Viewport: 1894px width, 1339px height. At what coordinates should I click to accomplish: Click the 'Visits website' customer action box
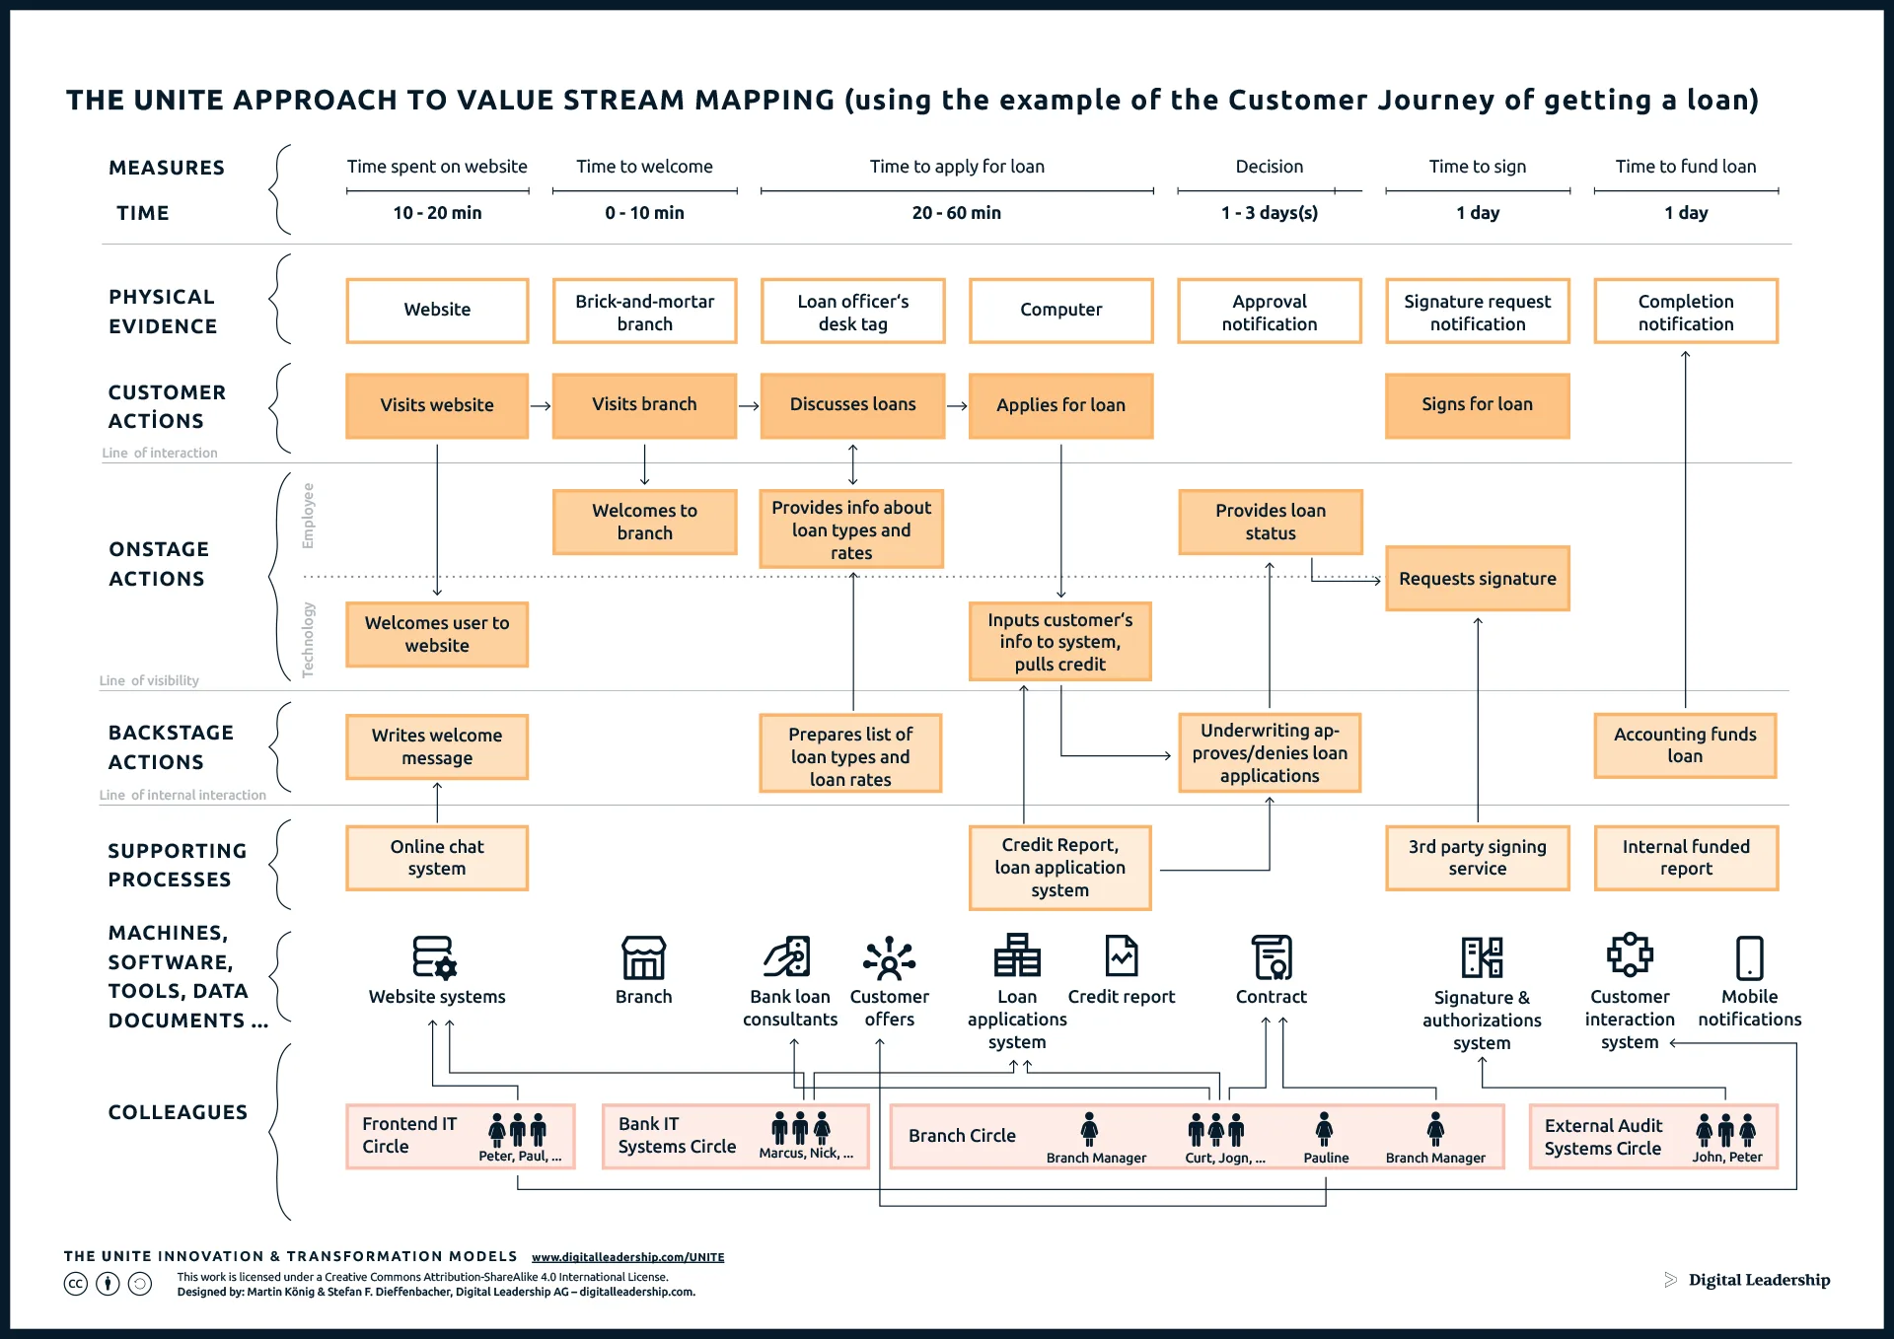click(437, 405)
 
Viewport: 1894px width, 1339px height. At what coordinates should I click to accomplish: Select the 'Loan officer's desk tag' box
click(852, 312)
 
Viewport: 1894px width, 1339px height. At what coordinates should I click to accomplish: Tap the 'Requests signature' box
click(1477, 579)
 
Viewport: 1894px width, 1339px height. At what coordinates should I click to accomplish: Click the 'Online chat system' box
click(437, 858)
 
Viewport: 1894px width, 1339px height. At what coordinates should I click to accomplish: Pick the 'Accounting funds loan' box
click(1685, 745)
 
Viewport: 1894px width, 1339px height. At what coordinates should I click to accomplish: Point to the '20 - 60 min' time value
click(956, 213)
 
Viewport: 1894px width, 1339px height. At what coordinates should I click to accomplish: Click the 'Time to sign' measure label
click(1477, 167)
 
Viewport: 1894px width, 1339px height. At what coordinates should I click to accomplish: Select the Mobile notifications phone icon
click(1749, 957)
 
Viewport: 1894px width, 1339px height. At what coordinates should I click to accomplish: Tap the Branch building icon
click(643, 957)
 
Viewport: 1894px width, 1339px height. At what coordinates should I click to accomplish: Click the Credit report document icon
click(1122, 955)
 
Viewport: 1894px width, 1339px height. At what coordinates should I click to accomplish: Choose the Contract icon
click(1271, 957)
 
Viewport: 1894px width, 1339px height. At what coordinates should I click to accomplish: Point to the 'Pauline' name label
click(1326, 1158)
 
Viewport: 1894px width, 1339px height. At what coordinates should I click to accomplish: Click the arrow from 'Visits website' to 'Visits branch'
click(541, 405)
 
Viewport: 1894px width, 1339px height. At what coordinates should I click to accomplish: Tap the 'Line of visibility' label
click(149, 680)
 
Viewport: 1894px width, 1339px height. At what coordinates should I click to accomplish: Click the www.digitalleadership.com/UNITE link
click(627, 1257)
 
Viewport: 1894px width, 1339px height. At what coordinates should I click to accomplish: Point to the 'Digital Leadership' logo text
click(1759, 1280)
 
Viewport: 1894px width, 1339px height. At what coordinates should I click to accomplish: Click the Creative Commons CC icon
click(76, 1284)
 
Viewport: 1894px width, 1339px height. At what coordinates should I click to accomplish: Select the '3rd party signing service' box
click(1477, 858)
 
